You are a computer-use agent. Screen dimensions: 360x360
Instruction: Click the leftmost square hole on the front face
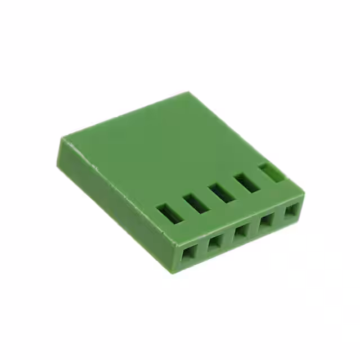187,254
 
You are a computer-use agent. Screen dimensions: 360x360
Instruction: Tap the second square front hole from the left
215,243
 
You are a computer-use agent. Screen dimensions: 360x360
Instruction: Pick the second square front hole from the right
266,221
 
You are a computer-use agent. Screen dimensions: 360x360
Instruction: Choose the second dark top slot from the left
195,202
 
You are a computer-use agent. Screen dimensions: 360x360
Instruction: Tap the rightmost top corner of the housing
304,193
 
